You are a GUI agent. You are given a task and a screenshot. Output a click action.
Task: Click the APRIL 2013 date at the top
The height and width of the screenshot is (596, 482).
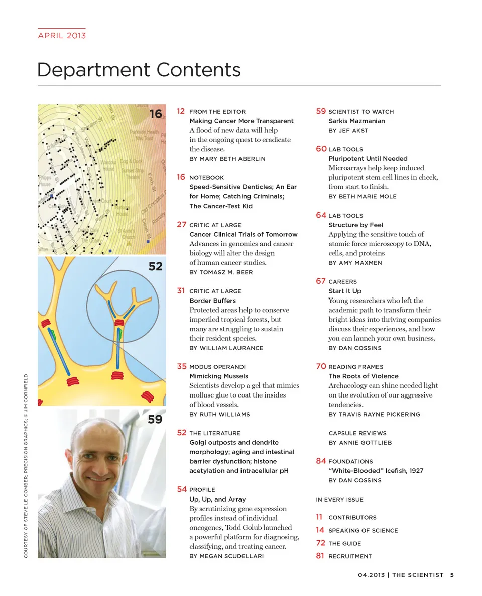(x=62, y=35)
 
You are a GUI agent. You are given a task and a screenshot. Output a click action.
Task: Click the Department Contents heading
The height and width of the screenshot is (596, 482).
(x=139, y=69)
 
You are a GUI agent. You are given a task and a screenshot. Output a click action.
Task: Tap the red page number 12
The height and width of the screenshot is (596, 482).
(x=181, y=111)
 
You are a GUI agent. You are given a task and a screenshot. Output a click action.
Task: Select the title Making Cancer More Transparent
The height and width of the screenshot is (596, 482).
(x=241, y=121)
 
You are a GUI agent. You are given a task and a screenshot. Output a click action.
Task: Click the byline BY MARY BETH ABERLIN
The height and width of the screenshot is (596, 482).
(x=227, y=159)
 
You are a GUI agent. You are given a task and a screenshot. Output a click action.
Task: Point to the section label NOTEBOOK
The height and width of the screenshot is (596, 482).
(x=206, y=178)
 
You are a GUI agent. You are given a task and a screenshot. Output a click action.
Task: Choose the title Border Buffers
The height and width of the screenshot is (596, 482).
(x=212, y=301)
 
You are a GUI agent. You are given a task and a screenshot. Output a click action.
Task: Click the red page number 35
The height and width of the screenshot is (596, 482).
(x=182, y=366)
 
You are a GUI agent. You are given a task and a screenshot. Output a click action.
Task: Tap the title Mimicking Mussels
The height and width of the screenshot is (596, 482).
(x=218, y=376)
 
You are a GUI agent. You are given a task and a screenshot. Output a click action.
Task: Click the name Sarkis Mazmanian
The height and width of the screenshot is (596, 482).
(x=356, y=121)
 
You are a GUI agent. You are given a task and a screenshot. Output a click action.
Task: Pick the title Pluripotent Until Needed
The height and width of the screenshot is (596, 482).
(x=368, y=159)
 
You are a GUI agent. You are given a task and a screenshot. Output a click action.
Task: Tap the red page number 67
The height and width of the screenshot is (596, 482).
(x=321, y=281)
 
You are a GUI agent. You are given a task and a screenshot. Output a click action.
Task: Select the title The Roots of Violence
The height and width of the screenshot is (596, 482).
(x=363, y=376)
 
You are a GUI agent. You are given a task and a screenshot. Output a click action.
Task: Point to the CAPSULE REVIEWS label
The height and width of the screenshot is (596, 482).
(x=357, y=433)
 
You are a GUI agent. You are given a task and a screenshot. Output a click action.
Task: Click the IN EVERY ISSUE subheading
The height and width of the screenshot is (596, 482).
(x=339, y=500)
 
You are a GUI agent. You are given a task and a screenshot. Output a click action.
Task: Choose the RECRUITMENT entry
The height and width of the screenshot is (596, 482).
(x=350, y=556)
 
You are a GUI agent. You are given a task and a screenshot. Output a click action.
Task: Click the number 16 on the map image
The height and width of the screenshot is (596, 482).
(x=156, y=114)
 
